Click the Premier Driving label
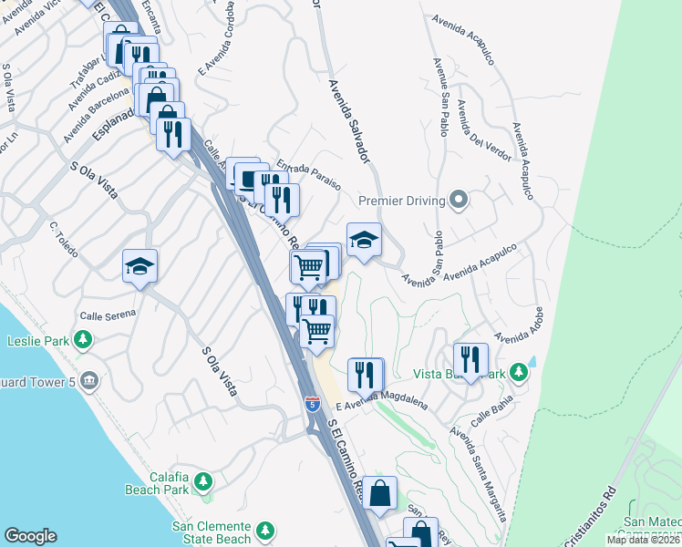coord(401,201)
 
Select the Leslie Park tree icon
coord(83,340)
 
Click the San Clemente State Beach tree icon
coord(265,530)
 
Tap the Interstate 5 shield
coord(313,402)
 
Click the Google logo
coord(30,536)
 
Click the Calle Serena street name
coord(108,315)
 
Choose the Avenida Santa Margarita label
coord(477,470)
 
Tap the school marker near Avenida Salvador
coord(364,239)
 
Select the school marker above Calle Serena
coord(139,265)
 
